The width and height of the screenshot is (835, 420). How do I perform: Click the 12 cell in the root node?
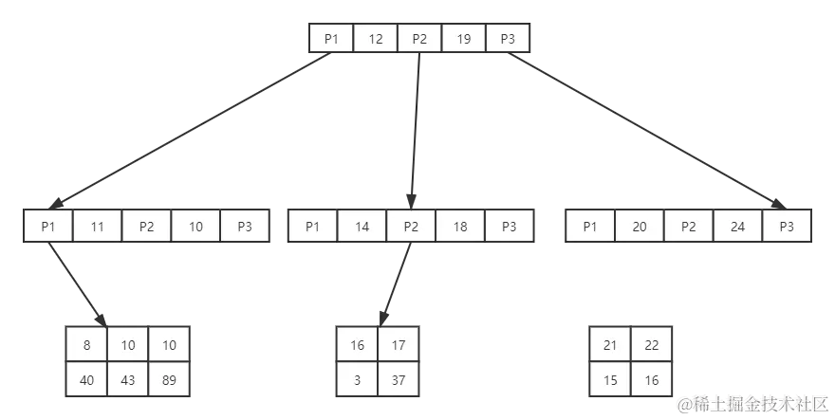(376, 39)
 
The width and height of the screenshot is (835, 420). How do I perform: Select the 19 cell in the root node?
(463, 39)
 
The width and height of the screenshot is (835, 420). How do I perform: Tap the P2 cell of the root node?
(419, 39)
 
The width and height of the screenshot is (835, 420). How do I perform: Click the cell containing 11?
(97, 226)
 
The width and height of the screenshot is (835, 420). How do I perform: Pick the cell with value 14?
(362, 226)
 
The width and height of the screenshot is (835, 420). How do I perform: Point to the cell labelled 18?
(460, 226)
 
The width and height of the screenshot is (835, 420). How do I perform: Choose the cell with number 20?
(640, 226)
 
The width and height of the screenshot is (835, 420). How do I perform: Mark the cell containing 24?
(737, 226)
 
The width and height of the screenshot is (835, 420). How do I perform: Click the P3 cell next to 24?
(787, 226)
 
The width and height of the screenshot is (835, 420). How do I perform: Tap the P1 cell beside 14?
(313, 226)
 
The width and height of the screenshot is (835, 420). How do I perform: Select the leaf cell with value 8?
(86, 345)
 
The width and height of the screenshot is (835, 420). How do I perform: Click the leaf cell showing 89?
(168, 379)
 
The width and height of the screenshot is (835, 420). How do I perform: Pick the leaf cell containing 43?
(127, 379)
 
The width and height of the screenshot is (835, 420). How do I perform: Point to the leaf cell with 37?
(398, 379)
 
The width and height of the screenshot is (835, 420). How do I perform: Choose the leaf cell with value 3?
(357, 379)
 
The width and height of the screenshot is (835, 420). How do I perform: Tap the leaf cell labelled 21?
(610, 345)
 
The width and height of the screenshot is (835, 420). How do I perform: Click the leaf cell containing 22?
(651, 345)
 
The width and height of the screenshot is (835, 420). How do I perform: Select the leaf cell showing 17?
(398, 345)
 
